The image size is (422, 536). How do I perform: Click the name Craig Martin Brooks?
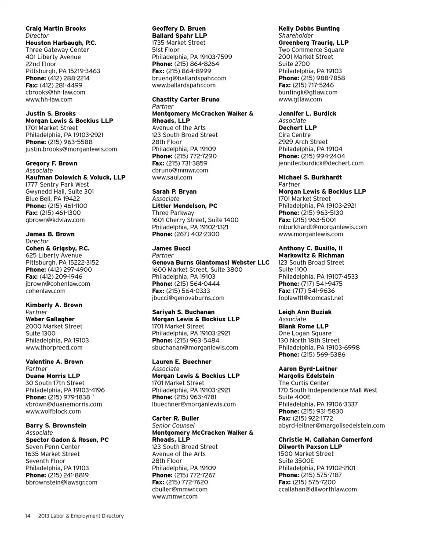tap(56, 29)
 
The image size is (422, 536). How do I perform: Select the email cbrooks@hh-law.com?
tap(55, 92)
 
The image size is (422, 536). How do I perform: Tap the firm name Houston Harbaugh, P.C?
tap(61, 43)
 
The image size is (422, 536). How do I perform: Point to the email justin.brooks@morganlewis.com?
tap(72, 149)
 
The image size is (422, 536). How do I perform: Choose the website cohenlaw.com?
tap(45, 291)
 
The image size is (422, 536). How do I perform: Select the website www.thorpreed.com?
tap(54, 347)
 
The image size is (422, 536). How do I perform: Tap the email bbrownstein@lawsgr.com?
tap(62, 482)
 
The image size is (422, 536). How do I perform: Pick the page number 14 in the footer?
tap(27, 516)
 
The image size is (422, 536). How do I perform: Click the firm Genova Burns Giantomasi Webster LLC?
tap(211, 263)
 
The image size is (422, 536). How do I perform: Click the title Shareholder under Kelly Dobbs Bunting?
tap(296, 36)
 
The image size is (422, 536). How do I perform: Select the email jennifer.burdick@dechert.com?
tap(321, 163)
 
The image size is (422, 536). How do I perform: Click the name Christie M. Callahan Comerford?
tap(325, 439)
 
